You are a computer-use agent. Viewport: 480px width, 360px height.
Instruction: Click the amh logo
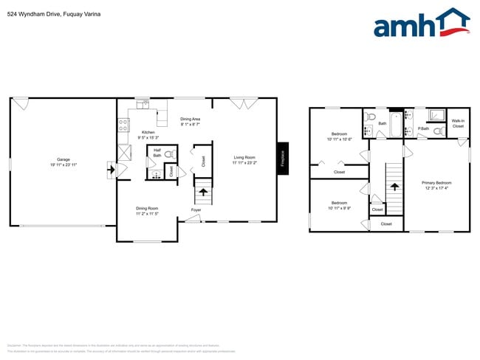point(422,24)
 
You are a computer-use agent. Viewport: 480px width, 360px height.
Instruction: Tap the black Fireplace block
point(282,158)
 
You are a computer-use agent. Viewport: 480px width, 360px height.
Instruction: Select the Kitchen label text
point(148,133)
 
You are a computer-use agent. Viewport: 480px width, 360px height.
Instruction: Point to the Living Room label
point(244,157)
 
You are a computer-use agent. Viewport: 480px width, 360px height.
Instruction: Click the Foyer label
point(196,210)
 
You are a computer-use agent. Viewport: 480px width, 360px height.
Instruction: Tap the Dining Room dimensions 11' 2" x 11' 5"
point(148,214)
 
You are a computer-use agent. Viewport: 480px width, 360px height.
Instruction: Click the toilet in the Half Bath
point(169,155)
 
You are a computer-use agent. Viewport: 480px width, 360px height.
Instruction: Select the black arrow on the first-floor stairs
point(203,191)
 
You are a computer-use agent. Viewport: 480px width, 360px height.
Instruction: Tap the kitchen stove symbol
point(123,125)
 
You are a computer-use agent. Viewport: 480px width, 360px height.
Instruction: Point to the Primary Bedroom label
point(436,182)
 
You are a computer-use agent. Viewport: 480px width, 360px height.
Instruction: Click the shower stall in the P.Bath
point(436,115)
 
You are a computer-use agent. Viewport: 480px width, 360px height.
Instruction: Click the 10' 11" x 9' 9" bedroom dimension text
point(339,208)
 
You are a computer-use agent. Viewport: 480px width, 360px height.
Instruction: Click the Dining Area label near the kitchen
point(191,119)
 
